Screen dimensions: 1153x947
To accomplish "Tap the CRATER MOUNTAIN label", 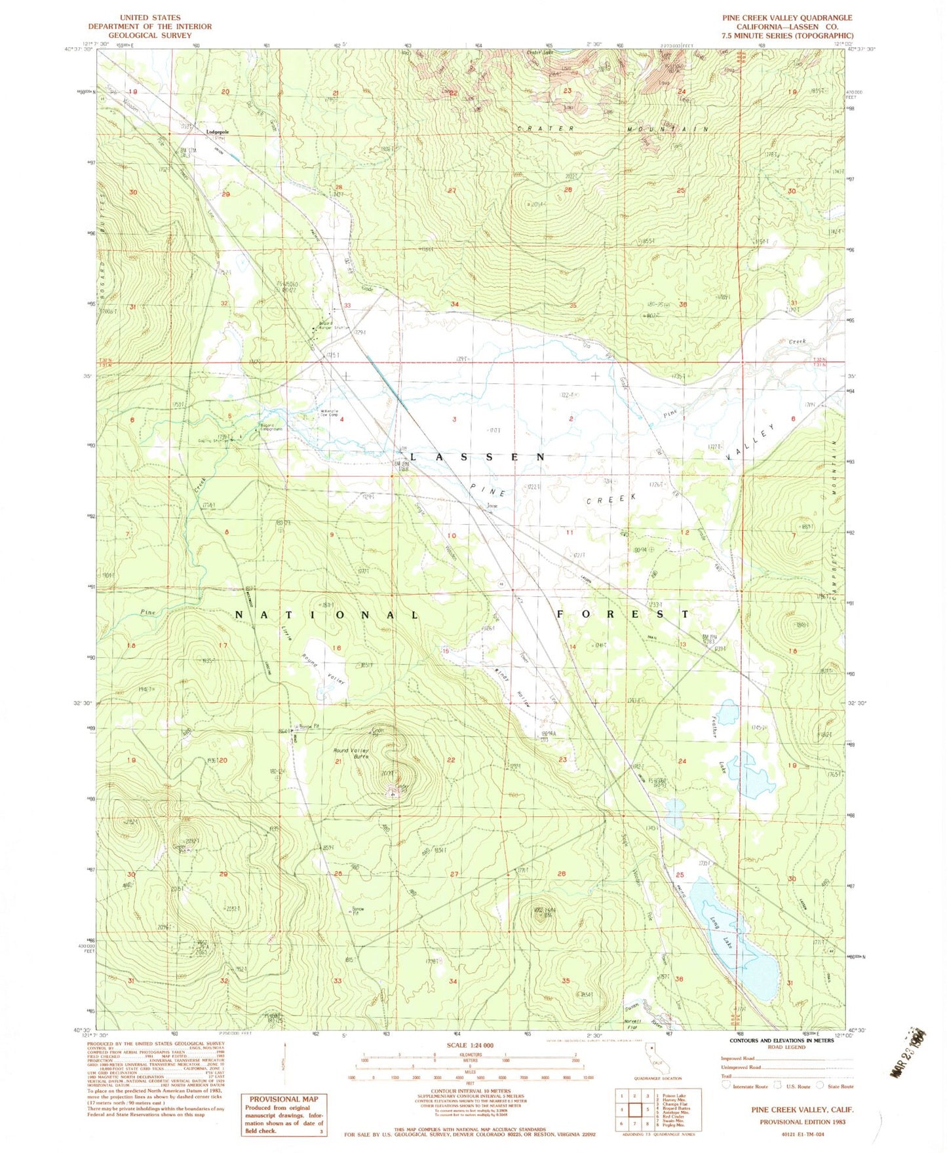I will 612,129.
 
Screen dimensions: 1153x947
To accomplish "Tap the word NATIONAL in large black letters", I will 326,615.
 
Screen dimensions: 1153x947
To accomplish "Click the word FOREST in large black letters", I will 623,614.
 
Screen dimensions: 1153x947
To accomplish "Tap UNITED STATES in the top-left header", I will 150,18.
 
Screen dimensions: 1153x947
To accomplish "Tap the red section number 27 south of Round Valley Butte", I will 454,874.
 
